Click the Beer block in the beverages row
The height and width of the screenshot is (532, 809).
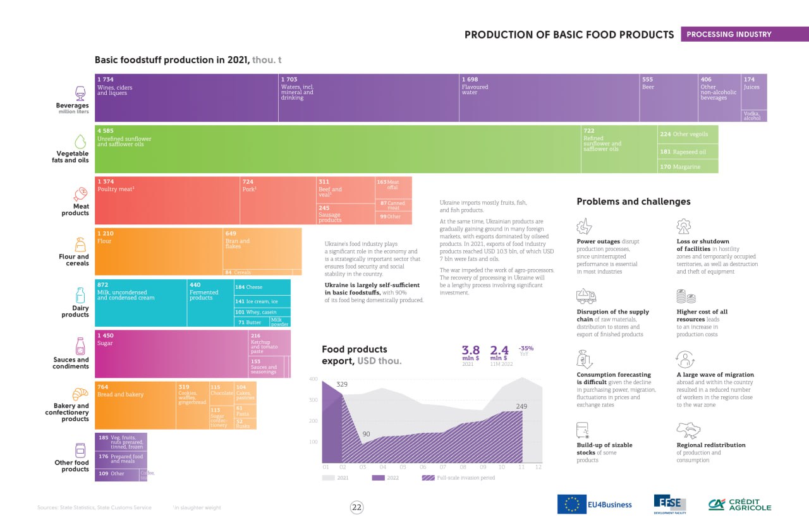[668, 98]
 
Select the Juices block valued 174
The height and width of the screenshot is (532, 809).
[754, 92]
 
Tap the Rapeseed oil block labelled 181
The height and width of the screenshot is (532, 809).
[688, 152]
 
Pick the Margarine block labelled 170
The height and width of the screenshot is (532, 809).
[688, 167]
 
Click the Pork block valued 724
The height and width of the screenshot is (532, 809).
[277, 201]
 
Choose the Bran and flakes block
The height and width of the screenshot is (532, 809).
[262, 248]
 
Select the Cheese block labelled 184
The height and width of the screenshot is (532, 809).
[262, 287]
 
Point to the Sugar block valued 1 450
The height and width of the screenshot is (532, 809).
[171, 354]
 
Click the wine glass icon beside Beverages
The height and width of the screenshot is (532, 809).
[80, 94]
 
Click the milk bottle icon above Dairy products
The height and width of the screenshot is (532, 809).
[80, 295]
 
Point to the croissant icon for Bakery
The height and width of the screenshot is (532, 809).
[80, 394]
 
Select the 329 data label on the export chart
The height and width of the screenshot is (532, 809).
[342, 384]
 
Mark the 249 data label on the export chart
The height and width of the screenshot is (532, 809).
[521, 406]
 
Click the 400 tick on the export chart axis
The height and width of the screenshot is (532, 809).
[313, 379]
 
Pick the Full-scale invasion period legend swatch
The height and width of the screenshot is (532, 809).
[428, 478]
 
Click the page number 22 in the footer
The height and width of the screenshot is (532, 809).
[356, 507]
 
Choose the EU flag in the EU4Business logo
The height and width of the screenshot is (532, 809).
[572, 504]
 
